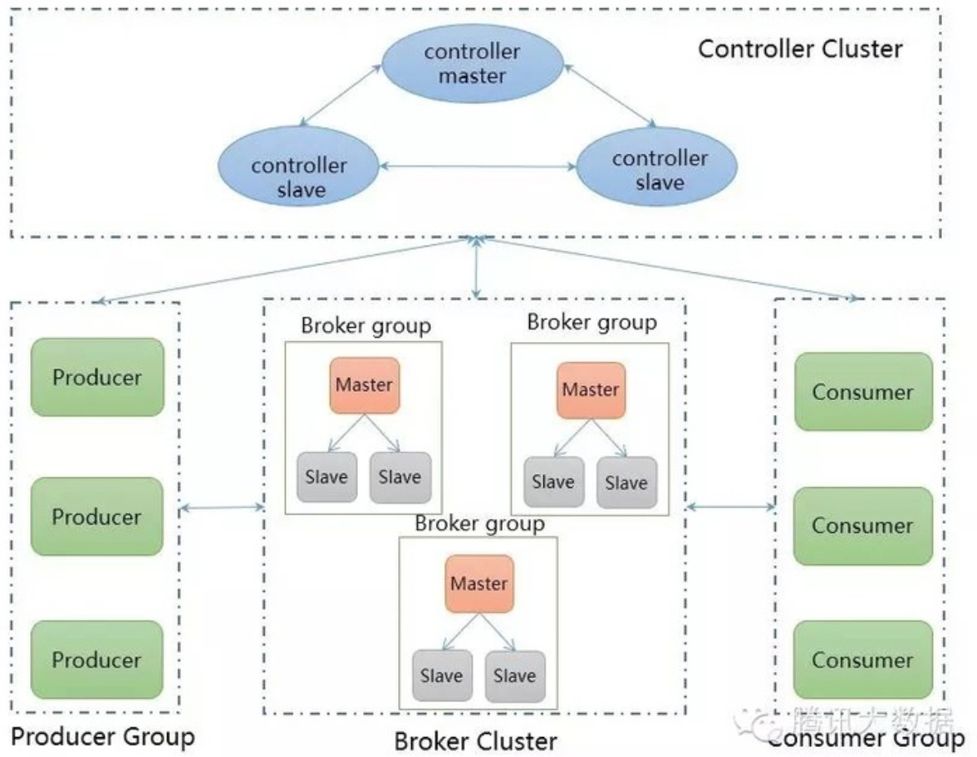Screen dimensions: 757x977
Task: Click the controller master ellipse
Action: coord(472,64)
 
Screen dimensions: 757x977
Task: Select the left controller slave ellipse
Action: coord(300,177)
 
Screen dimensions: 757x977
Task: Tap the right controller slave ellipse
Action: coord(659,170)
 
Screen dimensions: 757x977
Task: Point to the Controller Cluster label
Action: coord(799,49)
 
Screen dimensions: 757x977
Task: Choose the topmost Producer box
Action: coord(97,377)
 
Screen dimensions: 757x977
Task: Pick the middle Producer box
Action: coord(97,516)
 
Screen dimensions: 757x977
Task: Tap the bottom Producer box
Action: coord(97,660)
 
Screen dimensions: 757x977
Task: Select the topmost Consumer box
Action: coord(862,392)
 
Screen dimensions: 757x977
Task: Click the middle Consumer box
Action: coord(862,525)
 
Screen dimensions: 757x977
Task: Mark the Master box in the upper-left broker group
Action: coord(364,385)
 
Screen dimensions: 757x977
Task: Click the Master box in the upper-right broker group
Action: coord(591,389)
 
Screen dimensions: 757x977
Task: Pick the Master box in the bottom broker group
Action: coord(479,584)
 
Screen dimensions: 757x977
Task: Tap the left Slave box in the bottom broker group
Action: coord(441,676)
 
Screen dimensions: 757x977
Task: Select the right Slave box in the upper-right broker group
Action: coord(626,482)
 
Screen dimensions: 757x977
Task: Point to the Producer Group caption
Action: coord(102,735)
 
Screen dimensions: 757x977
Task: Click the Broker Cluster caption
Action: coord(475,740)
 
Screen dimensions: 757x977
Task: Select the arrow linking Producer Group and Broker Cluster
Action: coord(221,506)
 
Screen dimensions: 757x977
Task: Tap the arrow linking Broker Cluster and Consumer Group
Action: coord(730,505)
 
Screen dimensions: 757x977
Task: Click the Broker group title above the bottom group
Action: coord(479,524)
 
